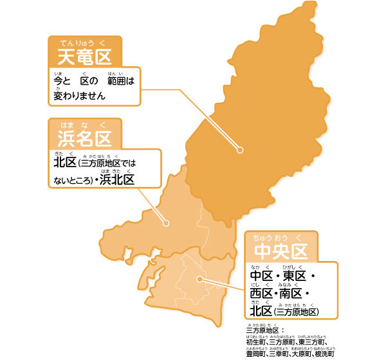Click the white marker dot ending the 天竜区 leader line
click(x=239, y=150)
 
